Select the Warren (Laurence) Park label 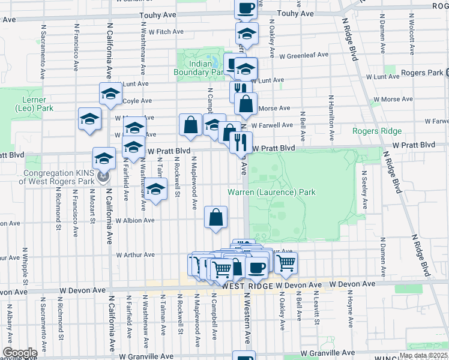pos(271,193)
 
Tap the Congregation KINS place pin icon pos(104,177)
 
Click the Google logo pos(19,353)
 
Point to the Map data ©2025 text pos(423,356)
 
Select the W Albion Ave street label pos(135,221)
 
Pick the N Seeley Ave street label pos(364,190)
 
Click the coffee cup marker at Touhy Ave pos(246,8)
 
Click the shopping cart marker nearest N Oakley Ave pos(286,262)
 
